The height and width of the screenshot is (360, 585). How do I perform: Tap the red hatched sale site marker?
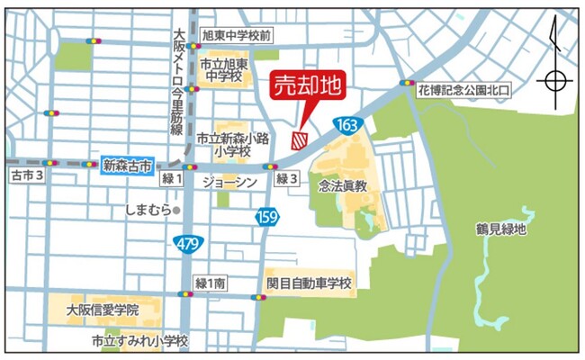point(300,139)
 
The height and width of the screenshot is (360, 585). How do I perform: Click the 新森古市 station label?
point(128,165)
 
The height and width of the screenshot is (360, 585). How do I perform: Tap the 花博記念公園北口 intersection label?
point(463,89)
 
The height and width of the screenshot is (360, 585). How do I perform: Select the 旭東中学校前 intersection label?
point(237,35)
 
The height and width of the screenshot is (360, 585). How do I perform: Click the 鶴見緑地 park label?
point(500,229)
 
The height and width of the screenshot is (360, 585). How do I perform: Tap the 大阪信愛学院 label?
point(103,309)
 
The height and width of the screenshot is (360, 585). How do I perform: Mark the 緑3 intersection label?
point(286,179)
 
